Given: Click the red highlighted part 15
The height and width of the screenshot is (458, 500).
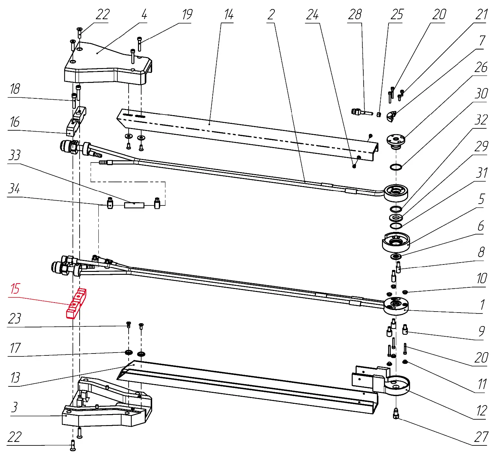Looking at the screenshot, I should pos(76,303).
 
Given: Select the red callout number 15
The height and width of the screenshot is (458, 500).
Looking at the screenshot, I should pos(15,289).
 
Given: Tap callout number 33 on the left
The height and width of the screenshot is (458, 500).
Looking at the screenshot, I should pos(15,155).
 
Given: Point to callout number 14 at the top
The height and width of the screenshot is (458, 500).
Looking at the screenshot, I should pos(229,15).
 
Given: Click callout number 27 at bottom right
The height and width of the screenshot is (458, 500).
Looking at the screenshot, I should pos(481,437).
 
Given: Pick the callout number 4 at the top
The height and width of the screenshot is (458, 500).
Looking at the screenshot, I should pos(144,15).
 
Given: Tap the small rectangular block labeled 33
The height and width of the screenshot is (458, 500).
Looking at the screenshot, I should pos(134,205).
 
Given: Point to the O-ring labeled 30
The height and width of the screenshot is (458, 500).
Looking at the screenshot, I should pos(396,167).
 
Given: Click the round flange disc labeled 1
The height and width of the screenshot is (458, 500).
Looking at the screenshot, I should pos(396,306).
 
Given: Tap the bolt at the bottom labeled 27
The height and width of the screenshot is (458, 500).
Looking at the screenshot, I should pos(396,413).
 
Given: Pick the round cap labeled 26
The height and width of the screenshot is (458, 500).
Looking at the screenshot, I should pos(396,141).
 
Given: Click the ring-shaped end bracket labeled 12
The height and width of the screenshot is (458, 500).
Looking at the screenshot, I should pos(397,385).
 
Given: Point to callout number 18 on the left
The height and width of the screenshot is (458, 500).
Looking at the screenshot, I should pos(15,89).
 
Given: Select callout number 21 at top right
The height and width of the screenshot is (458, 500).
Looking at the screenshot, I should pos(482,15).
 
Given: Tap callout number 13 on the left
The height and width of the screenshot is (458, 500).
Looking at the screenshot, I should pos(15,378).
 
